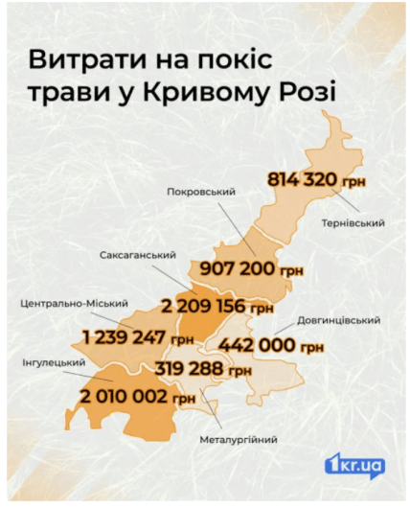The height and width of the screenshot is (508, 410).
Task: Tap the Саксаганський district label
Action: coord(140,256)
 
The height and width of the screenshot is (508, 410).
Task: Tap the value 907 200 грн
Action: coord(247,270)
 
